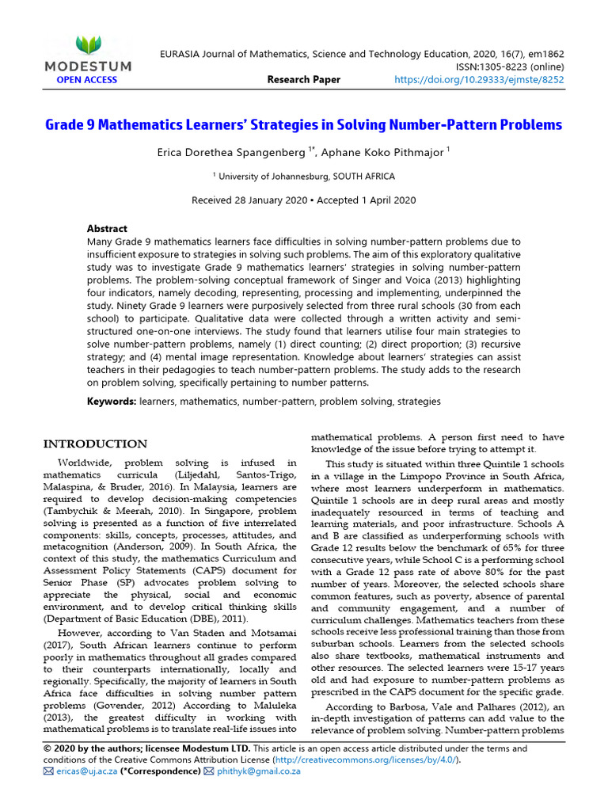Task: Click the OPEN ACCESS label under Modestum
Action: (x=86, y=79)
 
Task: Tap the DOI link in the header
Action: (x=479, y=79)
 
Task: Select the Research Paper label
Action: (x=304, y=79)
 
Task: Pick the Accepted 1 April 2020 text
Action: (x=368, y=200)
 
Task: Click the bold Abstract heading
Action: (x=107, y=229)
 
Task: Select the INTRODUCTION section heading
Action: (x=95, y=444)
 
